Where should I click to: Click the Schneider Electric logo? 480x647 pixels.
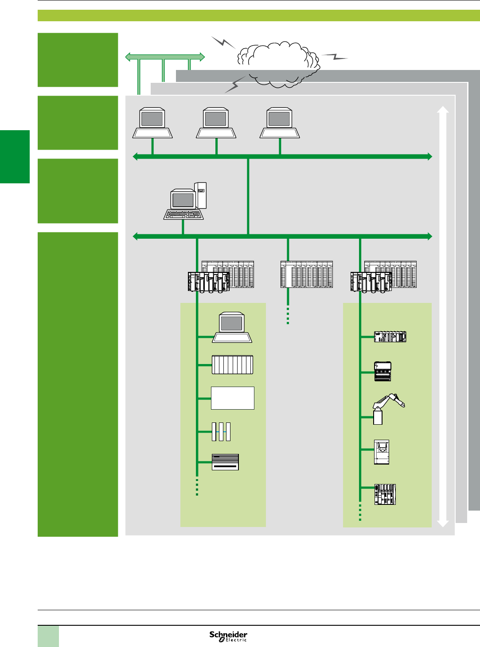(x=228, y=636)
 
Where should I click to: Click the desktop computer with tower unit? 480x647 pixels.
(x=186, y=201)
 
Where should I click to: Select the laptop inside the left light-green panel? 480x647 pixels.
(x=232, y=328)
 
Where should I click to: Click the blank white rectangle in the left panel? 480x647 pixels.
(x=233, y=398)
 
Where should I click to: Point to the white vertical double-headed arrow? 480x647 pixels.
(x=443, y=316)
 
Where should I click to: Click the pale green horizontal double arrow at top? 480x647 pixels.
(x=165, y=57)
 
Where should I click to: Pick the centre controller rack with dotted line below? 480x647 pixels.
(x=306, y=275)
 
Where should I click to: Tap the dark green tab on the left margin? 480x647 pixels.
(x=15, y=156)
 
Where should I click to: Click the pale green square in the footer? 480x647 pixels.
(x=48, y=636)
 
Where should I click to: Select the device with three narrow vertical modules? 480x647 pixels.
(x=221, y=431)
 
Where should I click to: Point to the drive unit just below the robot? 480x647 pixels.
(x=382, y=452)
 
